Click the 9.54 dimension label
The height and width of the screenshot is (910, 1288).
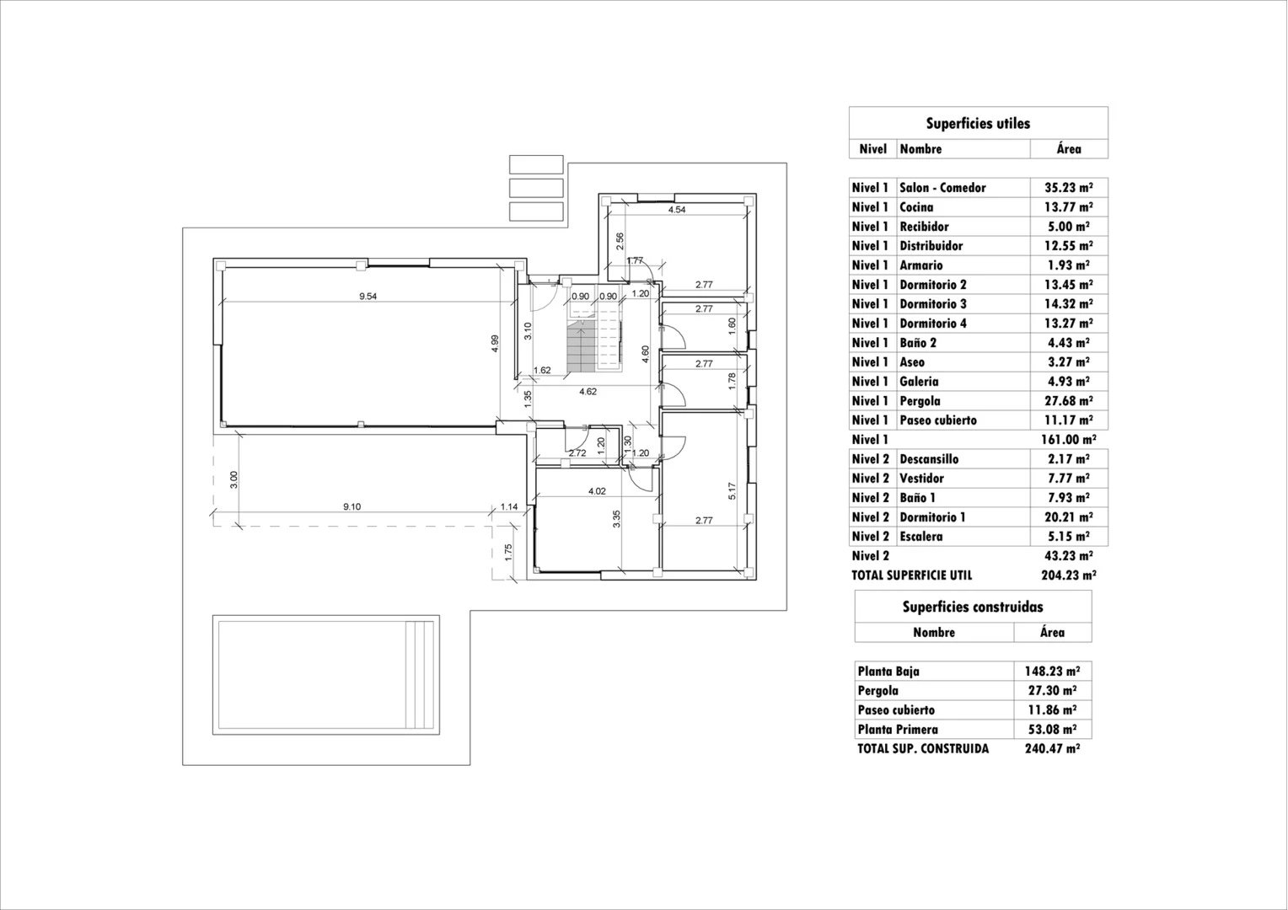pyautogui.click(x=368, y=296)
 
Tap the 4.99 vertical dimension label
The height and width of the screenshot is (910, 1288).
pyautogui.click(x=495, y=344)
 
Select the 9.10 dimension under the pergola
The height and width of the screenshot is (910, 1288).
pyautogui.click(x=352, y=506)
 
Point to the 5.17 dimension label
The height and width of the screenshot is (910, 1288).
pyautogui.click(x=732, y=490)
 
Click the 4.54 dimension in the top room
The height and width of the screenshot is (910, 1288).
pyautogui.click(x=677, y=210)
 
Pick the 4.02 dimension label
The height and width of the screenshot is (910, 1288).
pyautogui.click(x=597, y=491)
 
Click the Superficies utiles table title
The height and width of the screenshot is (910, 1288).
pyautogui.click(x=978, y=123)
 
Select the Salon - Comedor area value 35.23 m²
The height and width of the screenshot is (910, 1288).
pyautogui.click(x=1068, y=187)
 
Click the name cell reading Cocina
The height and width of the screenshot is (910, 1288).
pyautogui.click(x=916, y=207)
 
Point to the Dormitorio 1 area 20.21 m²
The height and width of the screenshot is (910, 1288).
pyautogui.click(x=1068, y=517)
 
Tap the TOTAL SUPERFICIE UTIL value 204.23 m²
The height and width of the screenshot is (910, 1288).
pyautogui.click(x=1068, y=575)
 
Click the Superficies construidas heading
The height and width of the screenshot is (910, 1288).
pyautogui.click(x=973, y=607)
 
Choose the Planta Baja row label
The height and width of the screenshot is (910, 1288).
pyautogui.click(x=888, y=671)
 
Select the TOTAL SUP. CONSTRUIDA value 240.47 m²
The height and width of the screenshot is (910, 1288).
pyautogui.click(x=1052, y=748)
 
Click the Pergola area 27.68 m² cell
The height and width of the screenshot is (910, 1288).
pyautogui.click(x=1068, y=401)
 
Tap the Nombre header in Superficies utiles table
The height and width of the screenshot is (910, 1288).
pyautogui.click(x=920, y=149)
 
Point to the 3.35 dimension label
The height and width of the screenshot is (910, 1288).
pyautogui.click(x=616, y=519)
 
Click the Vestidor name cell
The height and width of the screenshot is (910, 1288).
pyautogui.click(x=921, y=479)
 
